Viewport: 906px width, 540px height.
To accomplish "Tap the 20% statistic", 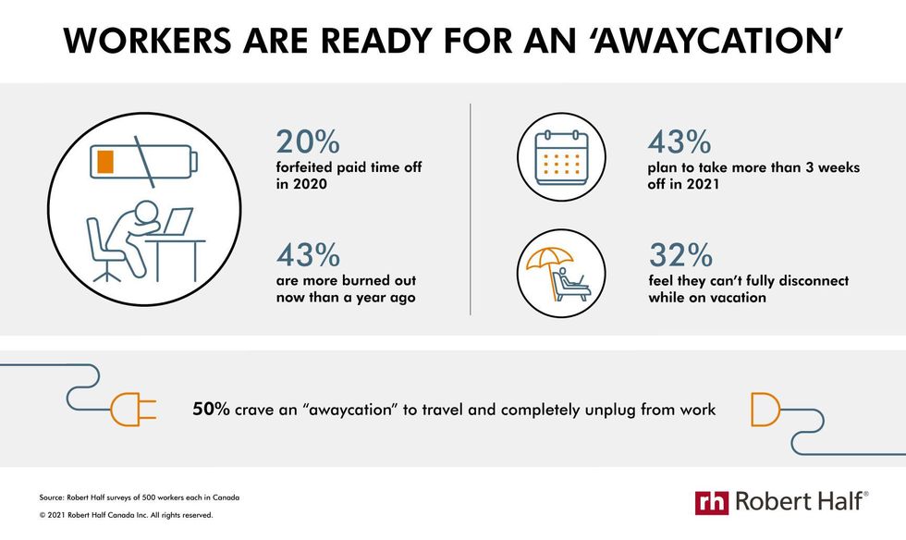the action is [308, 141].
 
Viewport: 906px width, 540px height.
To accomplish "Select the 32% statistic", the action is [680, 255].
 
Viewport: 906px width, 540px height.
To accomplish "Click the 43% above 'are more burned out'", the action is [308, 255].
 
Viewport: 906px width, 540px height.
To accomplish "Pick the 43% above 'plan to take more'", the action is [679, 141].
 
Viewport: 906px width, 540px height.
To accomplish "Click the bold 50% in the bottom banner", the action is [211, 410].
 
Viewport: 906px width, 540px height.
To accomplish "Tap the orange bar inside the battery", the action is [105, 161].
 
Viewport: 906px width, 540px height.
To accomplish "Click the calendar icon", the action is [561, 157].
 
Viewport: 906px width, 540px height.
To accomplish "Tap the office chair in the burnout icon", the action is [103, 249].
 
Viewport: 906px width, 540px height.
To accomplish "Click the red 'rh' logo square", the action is [712, 502].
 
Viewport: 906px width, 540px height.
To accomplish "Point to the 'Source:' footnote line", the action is [140, 497].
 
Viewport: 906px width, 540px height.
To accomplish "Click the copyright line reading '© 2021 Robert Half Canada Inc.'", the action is [126, 514].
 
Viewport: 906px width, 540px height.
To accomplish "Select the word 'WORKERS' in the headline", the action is [147, 41].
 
